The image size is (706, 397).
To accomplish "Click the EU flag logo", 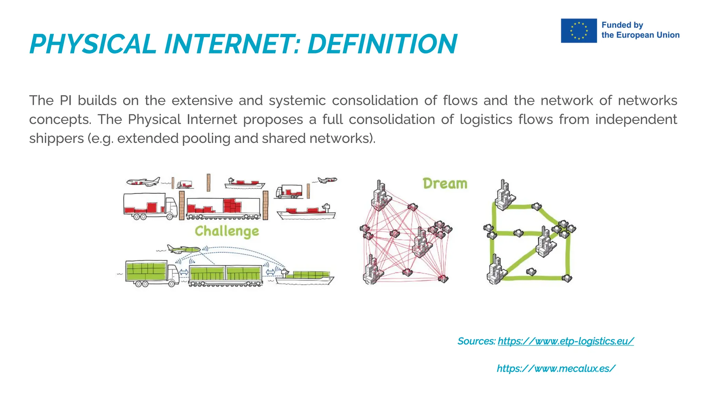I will coord(578,31).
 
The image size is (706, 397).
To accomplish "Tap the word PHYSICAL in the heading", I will coord(93,44).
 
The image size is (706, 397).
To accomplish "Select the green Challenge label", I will coord(226,231).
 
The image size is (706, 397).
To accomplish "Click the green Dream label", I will coord(445,184).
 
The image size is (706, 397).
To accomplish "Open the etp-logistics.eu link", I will coord(565,341).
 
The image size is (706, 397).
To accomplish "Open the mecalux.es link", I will coord(556,368).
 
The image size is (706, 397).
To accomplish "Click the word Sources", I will coord(476,341).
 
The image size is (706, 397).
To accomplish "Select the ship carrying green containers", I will coord(305,277).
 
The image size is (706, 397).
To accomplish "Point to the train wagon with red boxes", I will coord(223,208).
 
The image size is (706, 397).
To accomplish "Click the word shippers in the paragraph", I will coord(56,139).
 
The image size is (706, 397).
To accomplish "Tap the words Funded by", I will coord(622,25).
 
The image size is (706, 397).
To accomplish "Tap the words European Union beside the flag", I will coord(647,35).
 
